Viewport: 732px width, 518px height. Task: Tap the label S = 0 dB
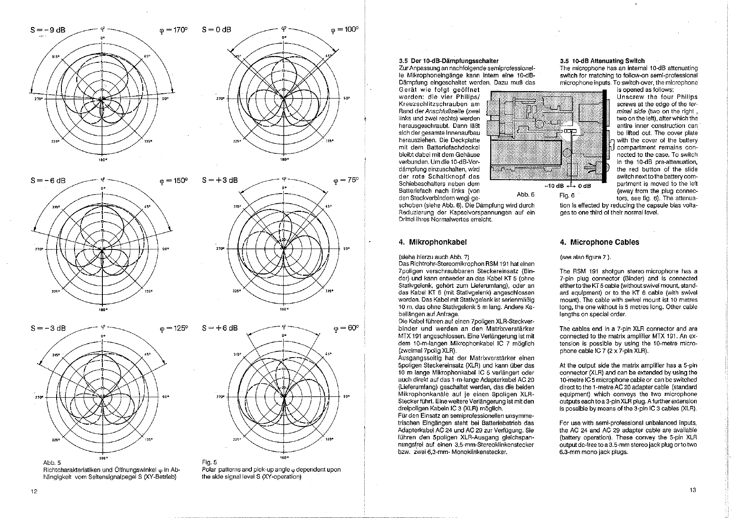217,30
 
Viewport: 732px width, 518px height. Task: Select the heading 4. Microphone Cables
599,242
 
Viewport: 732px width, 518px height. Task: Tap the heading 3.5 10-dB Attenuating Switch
602,61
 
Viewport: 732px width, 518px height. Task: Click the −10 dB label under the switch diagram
554,186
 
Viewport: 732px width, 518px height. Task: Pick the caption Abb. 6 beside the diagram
526,194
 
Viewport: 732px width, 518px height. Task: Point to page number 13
693,490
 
